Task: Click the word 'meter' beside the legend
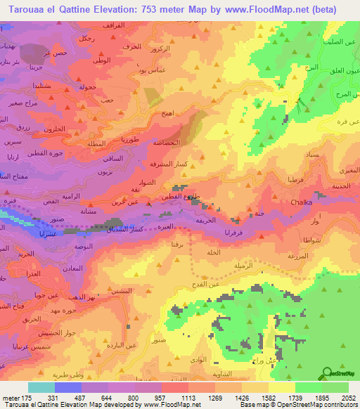[x=10, y=398]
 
